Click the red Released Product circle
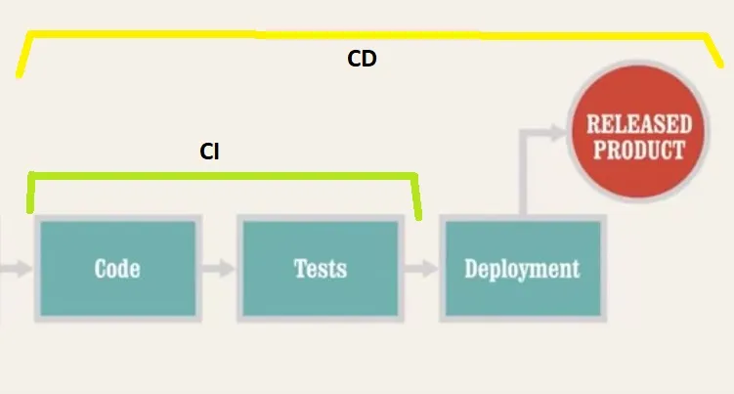click(638, 137)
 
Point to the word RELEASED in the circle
click(638, 124)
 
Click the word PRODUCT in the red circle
click(638, 151)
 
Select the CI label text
click(209, 152)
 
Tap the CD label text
click(362, 60)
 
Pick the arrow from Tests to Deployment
click(421, 268)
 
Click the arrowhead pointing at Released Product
click(560, 130)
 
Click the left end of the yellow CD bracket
click(20, 70)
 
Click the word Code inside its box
click(116, 268)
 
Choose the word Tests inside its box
click(320, 268)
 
